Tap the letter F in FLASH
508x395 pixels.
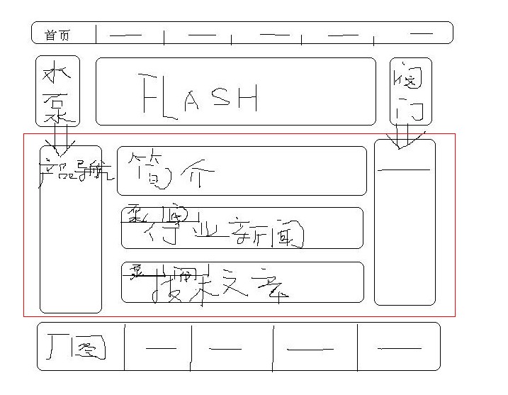click(x=147, y=94)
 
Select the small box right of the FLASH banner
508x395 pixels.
click(x=410, y=91)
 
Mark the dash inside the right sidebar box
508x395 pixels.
click(x=404, y=169)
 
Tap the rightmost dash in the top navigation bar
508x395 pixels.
click(x=422, y=33)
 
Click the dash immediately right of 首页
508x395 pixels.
click(x=125, y=34)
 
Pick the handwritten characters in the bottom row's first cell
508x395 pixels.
click(x=77, y=347)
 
